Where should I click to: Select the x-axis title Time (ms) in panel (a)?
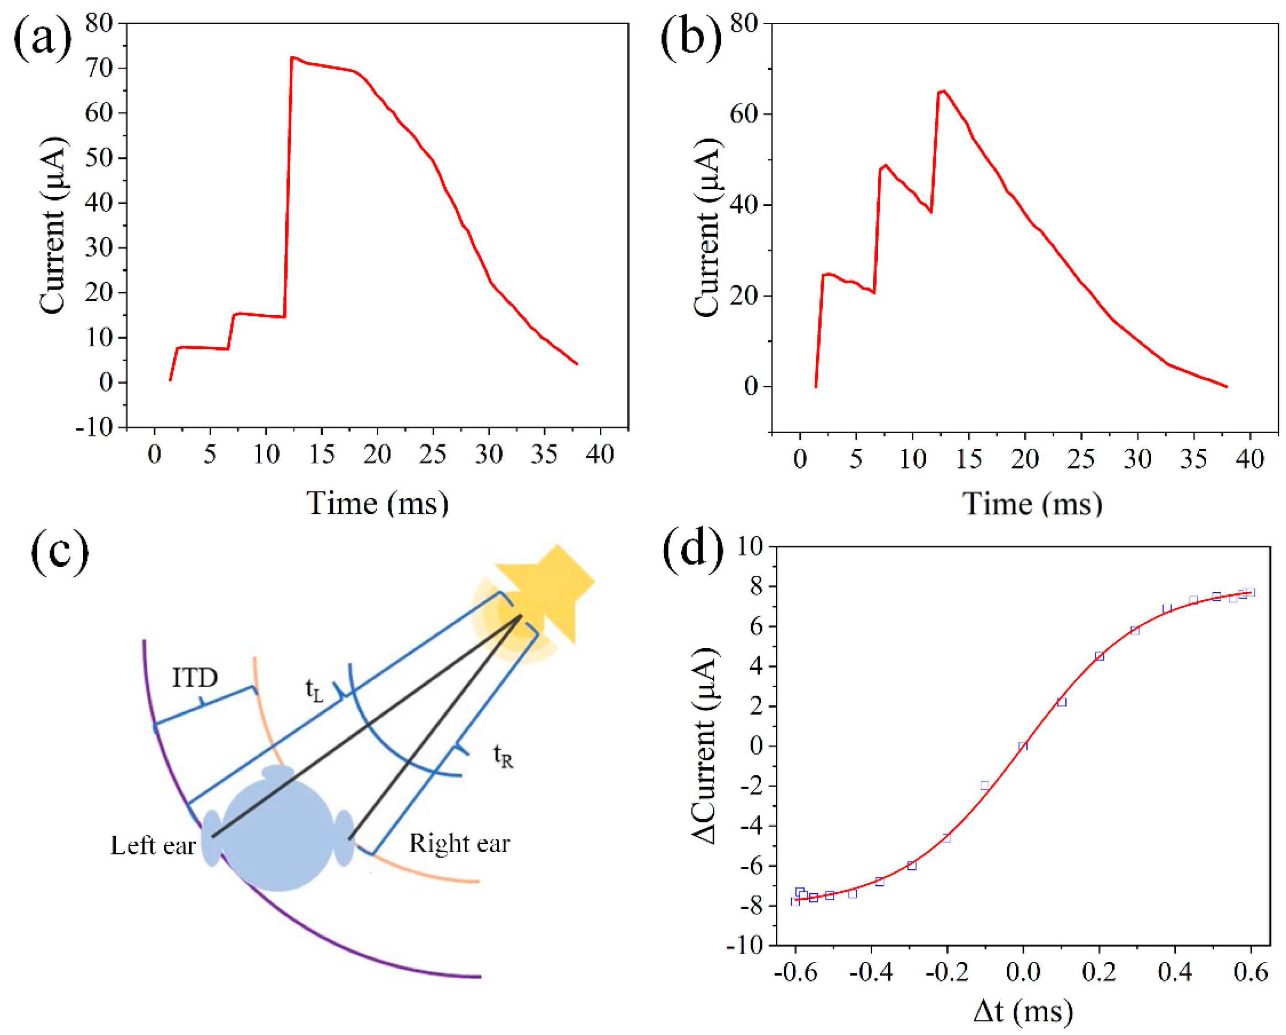click(377, 503)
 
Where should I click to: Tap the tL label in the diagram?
click(315, 689)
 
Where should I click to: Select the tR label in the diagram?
click(503, 757)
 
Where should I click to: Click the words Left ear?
click(153, 846)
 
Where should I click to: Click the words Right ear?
click(459, 843)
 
